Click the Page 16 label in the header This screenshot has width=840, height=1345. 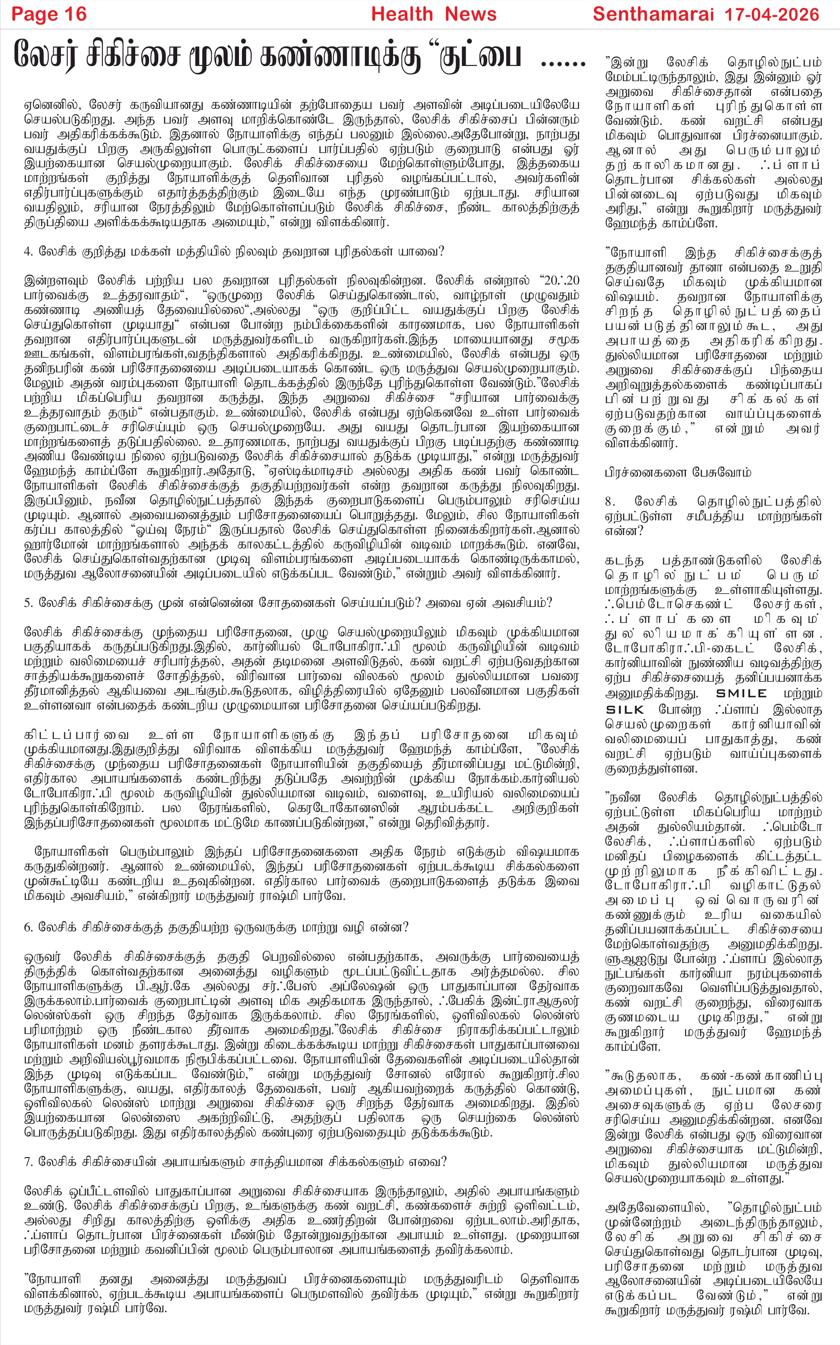click(49, 14)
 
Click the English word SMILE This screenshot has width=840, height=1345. click(741, 694)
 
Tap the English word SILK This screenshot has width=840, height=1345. click(625, 710)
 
